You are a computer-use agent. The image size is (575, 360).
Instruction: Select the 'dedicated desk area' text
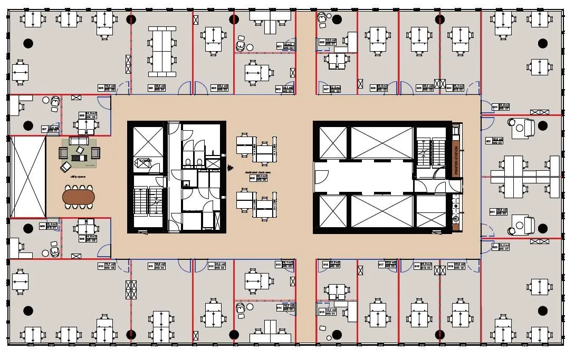(x=258, y=172)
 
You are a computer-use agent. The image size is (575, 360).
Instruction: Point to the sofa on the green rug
(x=79, y=142)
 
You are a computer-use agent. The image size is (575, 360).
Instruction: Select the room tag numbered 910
(x=106, y=266)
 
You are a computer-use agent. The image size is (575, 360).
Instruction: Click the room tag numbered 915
(x=328, y=312)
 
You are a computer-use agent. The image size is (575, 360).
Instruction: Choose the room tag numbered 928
(x=327, y=42)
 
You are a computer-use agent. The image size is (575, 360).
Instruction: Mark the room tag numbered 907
(x=51, y=128)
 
